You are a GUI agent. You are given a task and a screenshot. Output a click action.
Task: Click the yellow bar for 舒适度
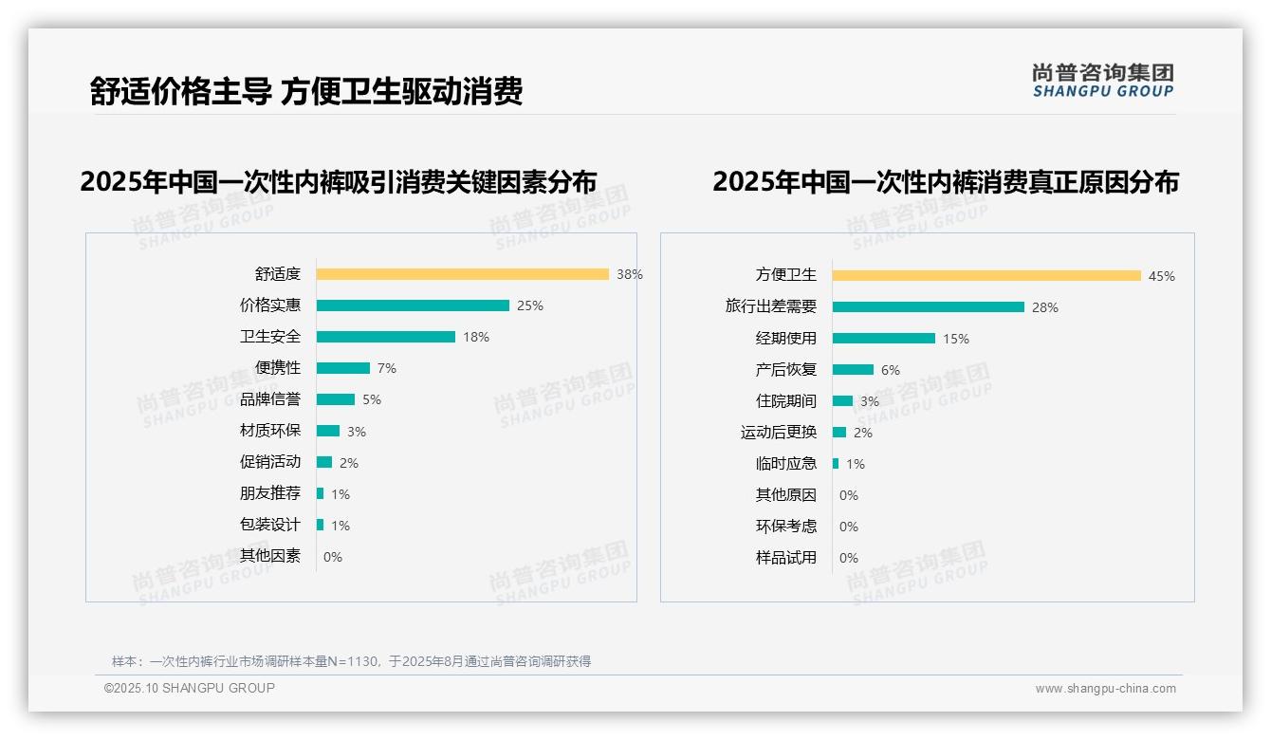point(462,274)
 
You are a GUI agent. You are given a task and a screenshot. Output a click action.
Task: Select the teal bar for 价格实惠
point(413,305)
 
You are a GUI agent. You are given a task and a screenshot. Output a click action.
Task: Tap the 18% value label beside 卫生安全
point(476,337)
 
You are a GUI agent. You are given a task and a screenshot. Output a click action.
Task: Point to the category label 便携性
point(277,368)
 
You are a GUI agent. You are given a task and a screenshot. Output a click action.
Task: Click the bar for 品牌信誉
point(335,399)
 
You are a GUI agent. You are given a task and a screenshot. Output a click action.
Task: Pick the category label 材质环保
point(269,431)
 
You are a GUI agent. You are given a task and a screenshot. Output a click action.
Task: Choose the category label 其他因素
point(269,556)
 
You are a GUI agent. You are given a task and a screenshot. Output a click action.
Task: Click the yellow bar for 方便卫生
point(986,276)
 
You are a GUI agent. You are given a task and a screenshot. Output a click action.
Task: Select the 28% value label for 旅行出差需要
point(1045,307)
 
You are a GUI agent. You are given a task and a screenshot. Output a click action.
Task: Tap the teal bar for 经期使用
point(883,339)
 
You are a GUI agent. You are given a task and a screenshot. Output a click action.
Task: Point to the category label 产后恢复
point(785,370)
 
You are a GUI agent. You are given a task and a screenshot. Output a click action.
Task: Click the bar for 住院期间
point(842,401)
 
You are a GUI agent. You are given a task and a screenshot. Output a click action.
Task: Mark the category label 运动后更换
point(778,433)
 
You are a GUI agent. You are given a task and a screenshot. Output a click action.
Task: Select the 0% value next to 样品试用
point(849,558)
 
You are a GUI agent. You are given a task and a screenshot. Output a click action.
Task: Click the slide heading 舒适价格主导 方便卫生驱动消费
point(305,91)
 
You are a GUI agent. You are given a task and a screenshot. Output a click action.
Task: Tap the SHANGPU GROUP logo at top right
point(1102,81)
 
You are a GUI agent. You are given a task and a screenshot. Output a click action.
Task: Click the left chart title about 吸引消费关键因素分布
point(339,181)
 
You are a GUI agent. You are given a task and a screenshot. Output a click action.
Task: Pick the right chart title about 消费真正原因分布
point(945,181)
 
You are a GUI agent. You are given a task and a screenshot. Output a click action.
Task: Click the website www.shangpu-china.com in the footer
point(1105,689)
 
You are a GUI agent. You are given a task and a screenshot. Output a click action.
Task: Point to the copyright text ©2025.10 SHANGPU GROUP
point(190,688)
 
